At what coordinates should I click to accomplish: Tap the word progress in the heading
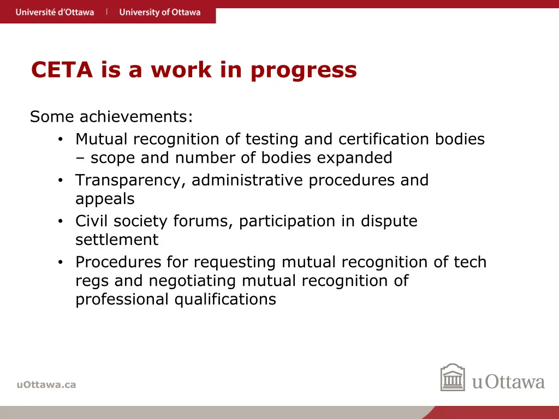(304, 71)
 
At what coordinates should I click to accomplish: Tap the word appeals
(105, 199)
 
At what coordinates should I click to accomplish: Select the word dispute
(389, 222)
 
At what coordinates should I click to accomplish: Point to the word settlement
(117, 240)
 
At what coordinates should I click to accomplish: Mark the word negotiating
(193, 282)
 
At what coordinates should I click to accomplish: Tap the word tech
(470, 262)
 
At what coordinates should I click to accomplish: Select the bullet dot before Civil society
(61, 222)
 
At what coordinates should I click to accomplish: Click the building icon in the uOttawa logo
(453, 378)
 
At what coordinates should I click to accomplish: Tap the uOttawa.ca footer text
(46, 385)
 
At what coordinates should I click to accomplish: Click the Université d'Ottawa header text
(55, 12)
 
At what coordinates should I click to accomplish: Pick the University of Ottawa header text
(160, 12)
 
